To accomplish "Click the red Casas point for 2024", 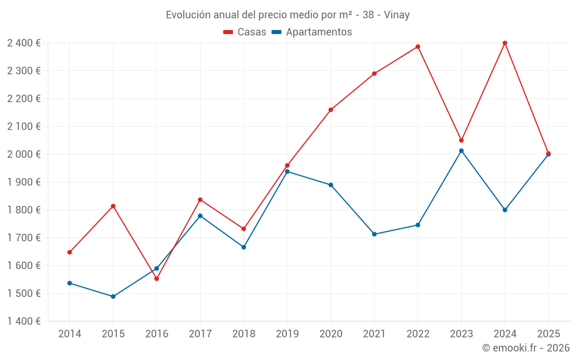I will (505, 43).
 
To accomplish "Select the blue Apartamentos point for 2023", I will (461, 151).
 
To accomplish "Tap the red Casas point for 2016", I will (157, 279).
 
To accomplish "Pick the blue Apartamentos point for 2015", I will (113, 297).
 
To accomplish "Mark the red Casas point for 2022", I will (418, 47).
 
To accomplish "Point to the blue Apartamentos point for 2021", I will (374, 234).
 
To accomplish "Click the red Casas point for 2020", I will (331, 110).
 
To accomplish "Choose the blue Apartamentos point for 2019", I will (287, 172).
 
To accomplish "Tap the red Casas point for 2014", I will (70, 252).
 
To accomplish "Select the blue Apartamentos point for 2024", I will (505, 210).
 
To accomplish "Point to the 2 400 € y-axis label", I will (24, 43).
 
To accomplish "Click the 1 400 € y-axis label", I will (24, 321).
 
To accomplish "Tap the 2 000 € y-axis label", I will (24, 154).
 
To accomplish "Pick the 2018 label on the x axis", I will (244, 334).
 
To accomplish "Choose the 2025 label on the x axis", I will (548, 334).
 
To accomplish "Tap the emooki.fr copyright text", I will (525, 348).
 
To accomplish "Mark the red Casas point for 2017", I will (200, 200).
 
